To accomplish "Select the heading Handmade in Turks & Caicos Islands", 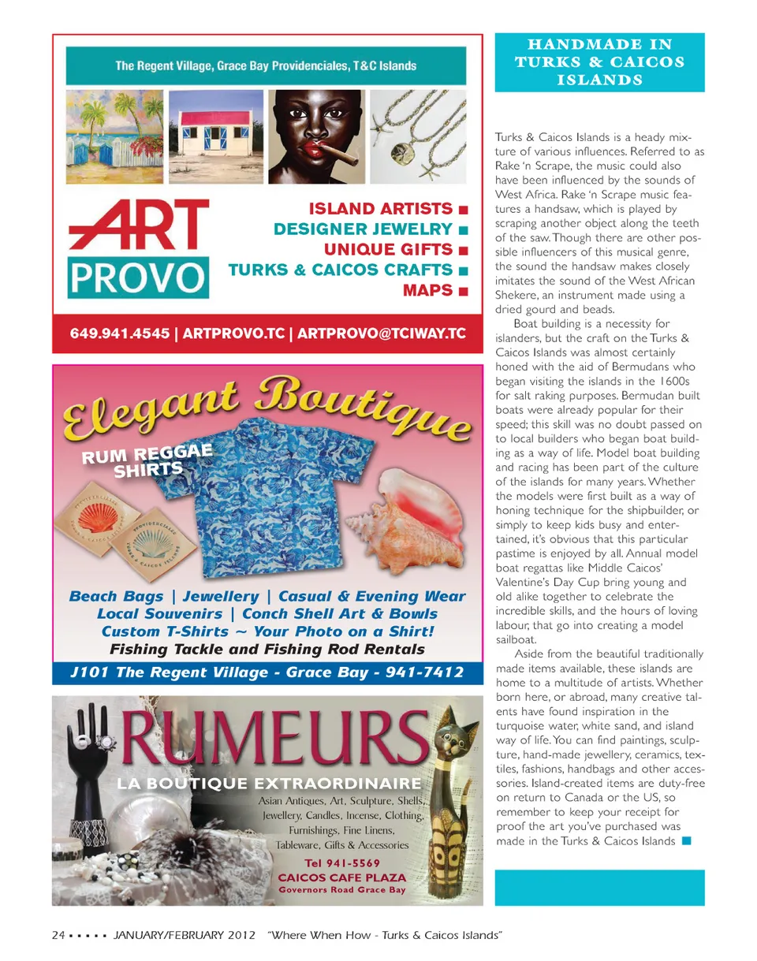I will click(x=599, y=59).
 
